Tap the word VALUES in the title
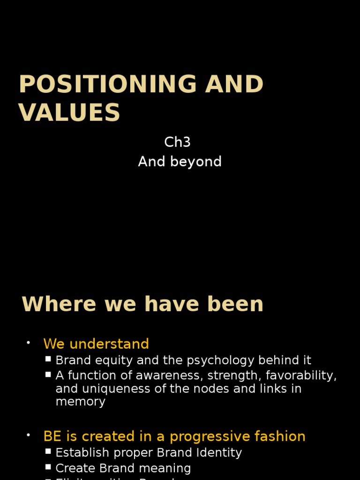pos(69,113)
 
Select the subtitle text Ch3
pos(177,142)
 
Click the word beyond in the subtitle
pos(197,162)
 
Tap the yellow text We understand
pos(96,344)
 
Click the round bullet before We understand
pos(28,343)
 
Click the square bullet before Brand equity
pos(48,360)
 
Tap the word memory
pos(81,402)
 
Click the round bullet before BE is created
pos(28,435)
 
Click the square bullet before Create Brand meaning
pos(48,467)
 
